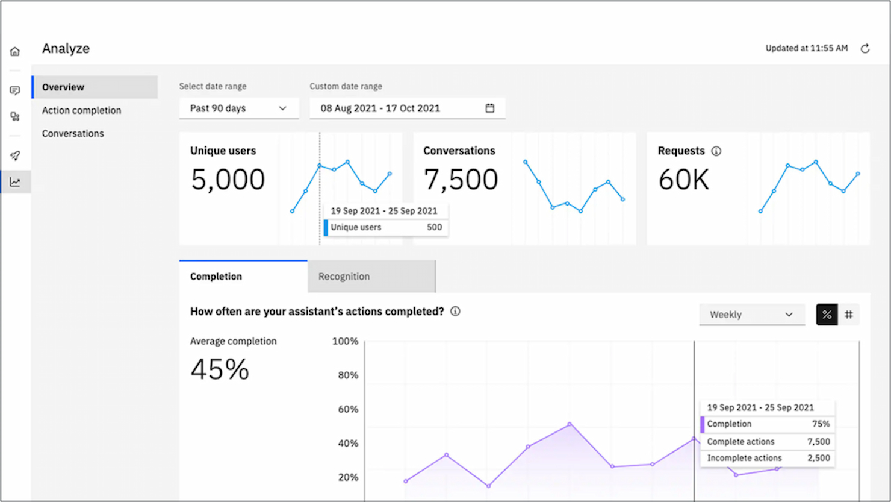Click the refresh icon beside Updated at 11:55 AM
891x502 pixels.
(x=865, y=49)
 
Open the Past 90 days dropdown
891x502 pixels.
(x=238, y=108)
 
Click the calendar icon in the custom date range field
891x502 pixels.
(x=490, y=108)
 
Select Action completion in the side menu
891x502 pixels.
(x=81, y=110)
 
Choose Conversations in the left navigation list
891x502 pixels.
(x=73, y=133)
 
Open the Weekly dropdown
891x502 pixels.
(x=751, y=315)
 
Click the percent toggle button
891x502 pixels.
(x=827, y=315)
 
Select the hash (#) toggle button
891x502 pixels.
(x=849, y=315)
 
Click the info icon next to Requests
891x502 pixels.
(x=716, y=151)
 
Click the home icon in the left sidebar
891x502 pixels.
(x=15, y=52)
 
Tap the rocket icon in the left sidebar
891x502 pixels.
(x=15, y=155)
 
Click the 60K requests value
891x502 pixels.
(x=684, y=180)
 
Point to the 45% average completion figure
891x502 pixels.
(x=220, y=369)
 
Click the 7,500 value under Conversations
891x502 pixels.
(x=461, y=180)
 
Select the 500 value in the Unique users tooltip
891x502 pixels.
(x=434, y=227)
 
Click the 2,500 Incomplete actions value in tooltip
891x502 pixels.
(x=818, y=458)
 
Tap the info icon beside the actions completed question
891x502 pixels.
(x=455, y=312)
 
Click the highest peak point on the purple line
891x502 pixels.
(x=570, y=424)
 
